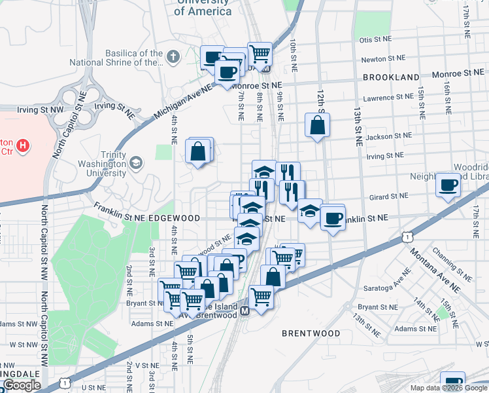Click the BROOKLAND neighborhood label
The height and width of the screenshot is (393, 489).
(x=391, y=77)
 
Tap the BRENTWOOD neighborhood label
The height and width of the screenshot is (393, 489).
(x=311, y=333)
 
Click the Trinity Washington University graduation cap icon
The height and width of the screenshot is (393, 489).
(x=136, y=162)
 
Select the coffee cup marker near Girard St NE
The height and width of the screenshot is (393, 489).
(x=448, y=185)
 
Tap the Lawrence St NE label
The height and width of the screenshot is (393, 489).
(x=387, y=98)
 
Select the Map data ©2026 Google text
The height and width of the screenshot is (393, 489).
(x=448, y=388)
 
